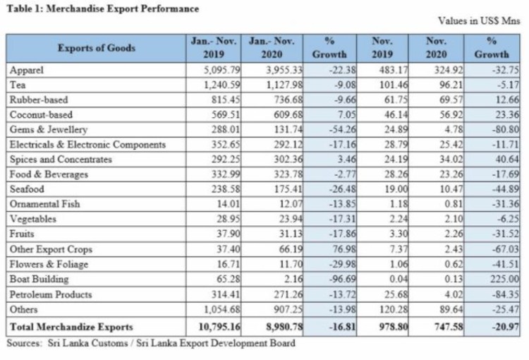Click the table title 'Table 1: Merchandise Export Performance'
click(102, 8)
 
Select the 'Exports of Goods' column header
click(97, 48)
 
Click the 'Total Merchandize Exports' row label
click(71, 327)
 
